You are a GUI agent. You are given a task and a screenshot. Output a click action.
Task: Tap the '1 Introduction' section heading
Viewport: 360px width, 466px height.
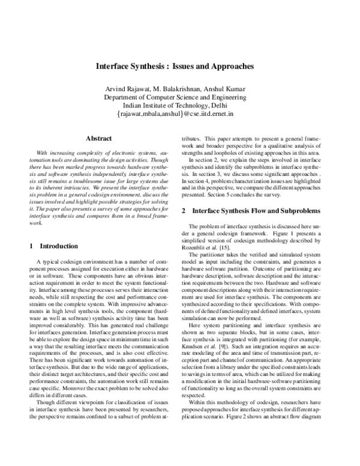[53, 247]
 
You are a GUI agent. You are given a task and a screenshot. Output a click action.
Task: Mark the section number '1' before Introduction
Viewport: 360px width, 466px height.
[31, 247]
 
